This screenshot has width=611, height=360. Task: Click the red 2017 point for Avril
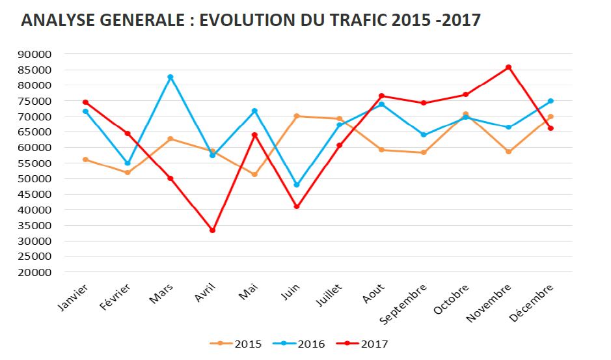click(212, 230)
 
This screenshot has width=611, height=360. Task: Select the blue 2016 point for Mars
click(170, 77)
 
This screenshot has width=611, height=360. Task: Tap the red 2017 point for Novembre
click(508, 67)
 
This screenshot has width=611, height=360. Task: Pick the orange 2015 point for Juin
click(297, 116)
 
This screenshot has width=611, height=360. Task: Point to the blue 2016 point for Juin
click(297, 185)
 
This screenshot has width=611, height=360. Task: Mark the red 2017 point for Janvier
click(85, 102)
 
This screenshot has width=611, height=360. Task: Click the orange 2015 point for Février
click(128, 173)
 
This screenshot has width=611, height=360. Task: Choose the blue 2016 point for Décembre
click(550, 101)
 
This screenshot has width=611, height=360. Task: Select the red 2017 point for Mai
click(254, 135)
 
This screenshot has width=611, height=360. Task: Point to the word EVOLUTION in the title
click(243, 20)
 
